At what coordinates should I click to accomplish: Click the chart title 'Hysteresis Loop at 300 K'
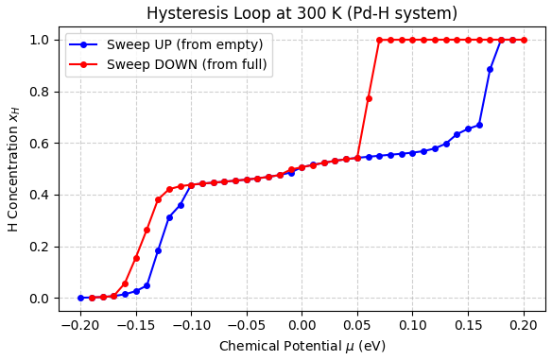pyautogui.click(x=302, y=13)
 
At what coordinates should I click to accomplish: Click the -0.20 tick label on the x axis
pyautogui.click(x=80, y=325)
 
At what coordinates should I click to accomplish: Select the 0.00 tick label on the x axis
pyautogui.click(x=302, y=325)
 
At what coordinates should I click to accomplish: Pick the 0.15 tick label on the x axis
pyautogui.click(x=468, y=325)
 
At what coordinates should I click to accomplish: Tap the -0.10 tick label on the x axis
pyautogui.click(x=191, y=325)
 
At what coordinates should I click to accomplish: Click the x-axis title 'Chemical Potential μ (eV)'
pyautogui.click(x=302, y=346)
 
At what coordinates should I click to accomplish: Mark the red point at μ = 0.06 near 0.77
pyautogui.click(x=369, y=98)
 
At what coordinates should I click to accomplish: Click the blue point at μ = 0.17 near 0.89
pyautogui.click(x=490, y=69)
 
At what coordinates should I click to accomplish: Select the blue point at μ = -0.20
pyautogui.click(x=80, y=298)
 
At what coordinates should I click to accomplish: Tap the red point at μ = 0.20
pyautogui.click(x=524, y=40)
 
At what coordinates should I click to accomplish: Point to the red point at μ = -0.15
pyautogui.click(x=136, y=258)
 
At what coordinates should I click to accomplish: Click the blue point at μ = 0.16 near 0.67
pyautogui.click(x=479, y=125)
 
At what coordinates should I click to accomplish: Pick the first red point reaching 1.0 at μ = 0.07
pyautogui.click(x=379, y=40)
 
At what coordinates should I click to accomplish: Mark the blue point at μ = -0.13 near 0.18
pyautogui.click(x=158, y=250)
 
